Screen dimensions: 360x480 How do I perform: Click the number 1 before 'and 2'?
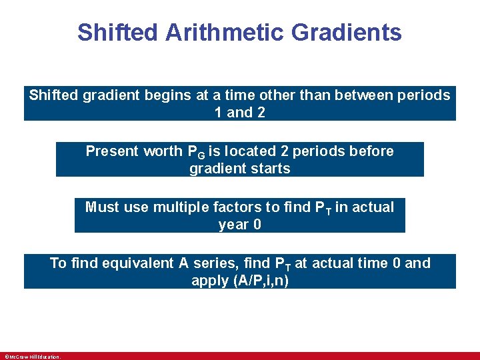click(x=219, y=113)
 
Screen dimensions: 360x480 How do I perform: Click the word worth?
click(x=161, y=151)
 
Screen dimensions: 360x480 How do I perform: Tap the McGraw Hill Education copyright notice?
click(x=32, y=357)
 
